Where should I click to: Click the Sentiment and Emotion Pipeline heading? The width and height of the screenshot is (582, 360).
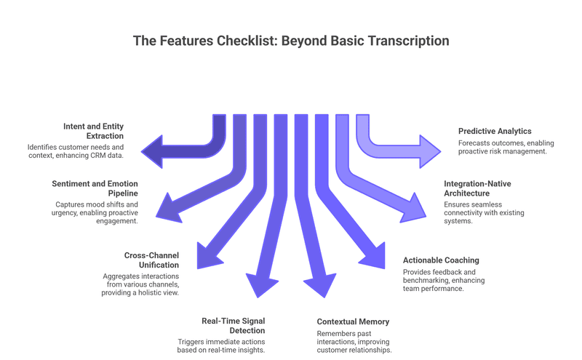click(x=95, y=188)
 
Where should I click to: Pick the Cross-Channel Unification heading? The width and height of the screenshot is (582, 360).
click(x=151, y=260)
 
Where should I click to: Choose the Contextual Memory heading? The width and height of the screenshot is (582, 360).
click(x=353, y=321)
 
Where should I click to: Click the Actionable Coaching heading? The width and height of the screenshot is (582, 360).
click(x=441, y=260)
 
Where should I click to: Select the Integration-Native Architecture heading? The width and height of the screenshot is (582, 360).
click(x=477, y=188)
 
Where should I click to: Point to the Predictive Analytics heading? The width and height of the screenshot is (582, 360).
click(x=495, y=131)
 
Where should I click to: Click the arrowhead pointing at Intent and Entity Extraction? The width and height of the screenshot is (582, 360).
click(x=151, y=150)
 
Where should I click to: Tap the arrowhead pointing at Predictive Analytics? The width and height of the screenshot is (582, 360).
click(x=429, y=150)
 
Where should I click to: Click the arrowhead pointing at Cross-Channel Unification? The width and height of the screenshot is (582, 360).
click(x=211, y=255)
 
